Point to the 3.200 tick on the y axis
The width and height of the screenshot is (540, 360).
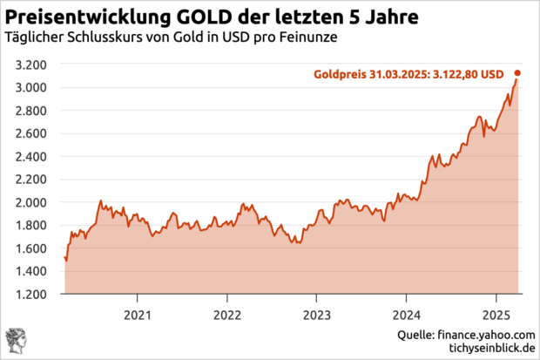[31, 65]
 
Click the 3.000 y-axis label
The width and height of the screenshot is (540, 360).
[31, 88]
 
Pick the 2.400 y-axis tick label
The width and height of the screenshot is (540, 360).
[31, 157]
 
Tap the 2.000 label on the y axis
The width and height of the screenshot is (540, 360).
[31, 202]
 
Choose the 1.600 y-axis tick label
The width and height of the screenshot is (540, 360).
[31, 248]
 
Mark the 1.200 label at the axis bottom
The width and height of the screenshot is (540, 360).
[31, 295]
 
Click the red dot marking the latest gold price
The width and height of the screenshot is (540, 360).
[518, 73]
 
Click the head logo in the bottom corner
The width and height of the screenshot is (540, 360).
[16, 341]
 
